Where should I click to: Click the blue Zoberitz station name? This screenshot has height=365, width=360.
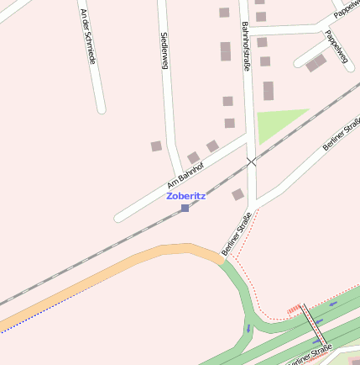(185, 195)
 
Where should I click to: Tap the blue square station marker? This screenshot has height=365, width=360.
(185, 207)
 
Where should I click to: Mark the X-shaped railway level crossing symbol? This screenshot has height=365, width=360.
(251, 161)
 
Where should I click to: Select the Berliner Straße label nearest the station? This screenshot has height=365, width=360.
(237, 235)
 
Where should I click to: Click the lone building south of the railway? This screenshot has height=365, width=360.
(237, 194)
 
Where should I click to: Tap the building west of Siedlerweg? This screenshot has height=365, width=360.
(156, 146)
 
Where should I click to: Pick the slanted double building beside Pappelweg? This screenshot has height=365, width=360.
(316, 63)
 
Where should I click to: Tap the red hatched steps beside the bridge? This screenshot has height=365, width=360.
(294, 309)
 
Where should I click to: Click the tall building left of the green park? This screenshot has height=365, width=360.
(269, 91)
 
